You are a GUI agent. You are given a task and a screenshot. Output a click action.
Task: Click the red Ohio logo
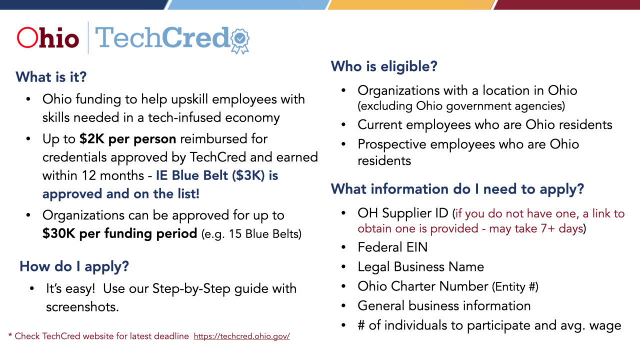click(48, 38)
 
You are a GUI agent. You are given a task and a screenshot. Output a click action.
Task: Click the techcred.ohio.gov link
click(241, 336)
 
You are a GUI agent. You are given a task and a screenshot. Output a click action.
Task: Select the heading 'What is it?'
click(51, 77)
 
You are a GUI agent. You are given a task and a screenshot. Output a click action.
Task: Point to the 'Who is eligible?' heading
click(384, 66)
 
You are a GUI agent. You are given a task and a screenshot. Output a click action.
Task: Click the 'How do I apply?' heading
click(74, 266)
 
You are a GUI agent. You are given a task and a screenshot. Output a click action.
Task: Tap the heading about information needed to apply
click(457, 189)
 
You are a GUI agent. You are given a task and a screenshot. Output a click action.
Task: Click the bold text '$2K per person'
click(127, 138)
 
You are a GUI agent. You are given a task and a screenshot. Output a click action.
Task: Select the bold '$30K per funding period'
click(119, 233)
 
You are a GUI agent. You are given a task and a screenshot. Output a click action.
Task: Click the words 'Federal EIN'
click(392, 247)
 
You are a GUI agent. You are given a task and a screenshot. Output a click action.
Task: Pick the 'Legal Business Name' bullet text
click(420, 266)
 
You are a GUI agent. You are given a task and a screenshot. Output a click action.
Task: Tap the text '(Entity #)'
click(515, 286)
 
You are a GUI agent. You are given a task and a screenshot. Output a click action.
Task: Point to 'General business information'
click(444, 305)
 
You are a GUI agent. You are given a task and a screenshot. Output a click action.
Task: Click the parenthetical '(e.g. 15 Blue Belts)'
click(251, 234)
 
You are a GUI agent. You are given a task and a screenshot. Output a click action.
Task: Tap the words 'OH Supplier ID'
click(403, 213)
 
